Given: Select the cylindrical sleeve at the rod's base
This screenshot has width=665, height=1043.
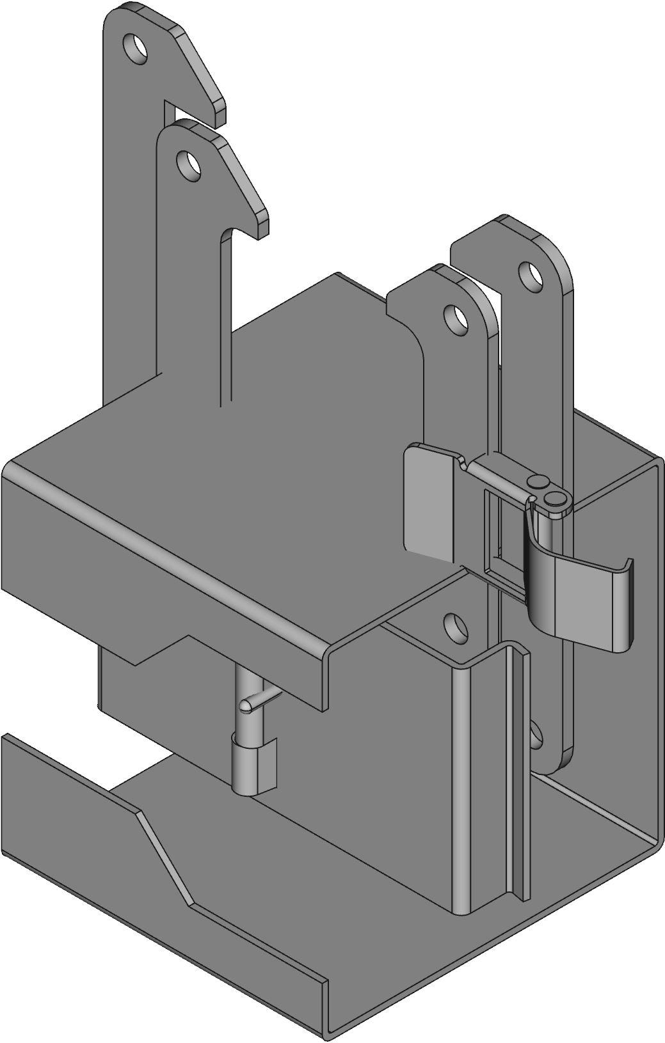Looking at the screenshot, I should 253,764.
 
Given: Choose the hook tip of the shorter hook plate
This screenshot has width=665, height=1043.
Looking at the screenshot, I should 262,227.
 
